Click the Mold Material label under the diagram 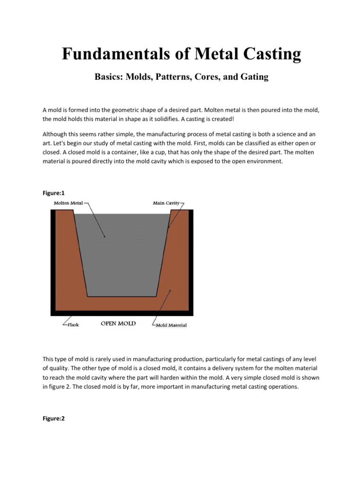(x=171, y=325)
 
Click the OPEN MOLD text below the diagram (x=118, y=324)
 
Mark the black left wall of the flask (x=53, y=260)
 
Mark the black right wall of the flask (x=191, y=260)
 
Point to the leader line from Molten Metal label (x=95, y=220)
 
